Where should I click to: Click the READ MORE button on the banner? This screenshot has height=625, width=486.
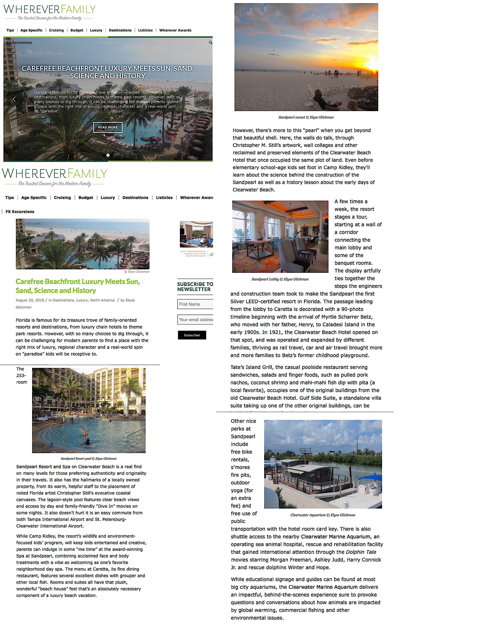pyautogui.click(x=108, y=127)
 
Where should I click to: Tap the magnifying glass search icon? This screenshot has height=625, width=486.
pyautogui.click(x=211, y=43)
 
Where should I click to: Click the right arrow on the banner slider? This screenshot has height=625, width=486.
pyautogui.click(x=201, y=99)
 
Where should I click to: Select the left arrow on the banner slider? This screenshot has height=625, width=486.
pyautogui.click(x=14, y=99)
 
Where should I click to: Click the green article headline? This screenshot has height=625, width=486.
pyautogui.click(x=78, y=286)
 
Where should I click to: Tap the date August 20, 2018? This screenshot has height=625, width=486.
pyautogui.click(x=30, y=300)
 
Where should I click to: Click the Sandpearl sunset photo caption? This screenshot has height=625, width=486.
pyautogui.click(x=306, y=117)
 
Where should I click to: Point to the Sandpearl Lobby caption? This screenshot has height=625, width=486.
pyautogui.click(x=280, y=279)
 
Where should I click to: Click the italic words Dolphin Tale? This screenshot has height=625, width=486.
pyautogui.click(x=361, y=552)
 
